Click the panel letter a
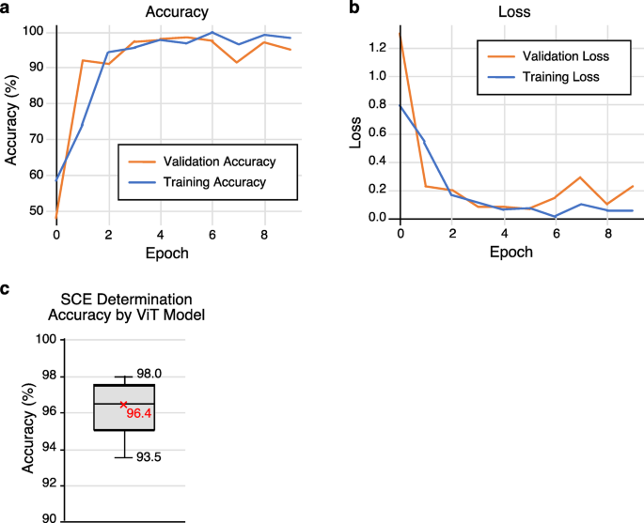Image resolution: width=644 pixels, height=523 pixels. point(8,8)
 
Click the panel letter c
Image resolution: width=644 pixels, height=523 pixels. point(7,289)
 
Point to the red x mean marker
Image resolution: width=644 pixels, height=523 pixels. point(123,405)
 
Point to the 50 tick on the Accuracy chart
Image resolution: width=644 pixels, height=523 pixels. point(36,210)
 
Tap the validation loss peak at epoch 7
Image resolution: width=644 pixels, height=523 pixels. point(581,177)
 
